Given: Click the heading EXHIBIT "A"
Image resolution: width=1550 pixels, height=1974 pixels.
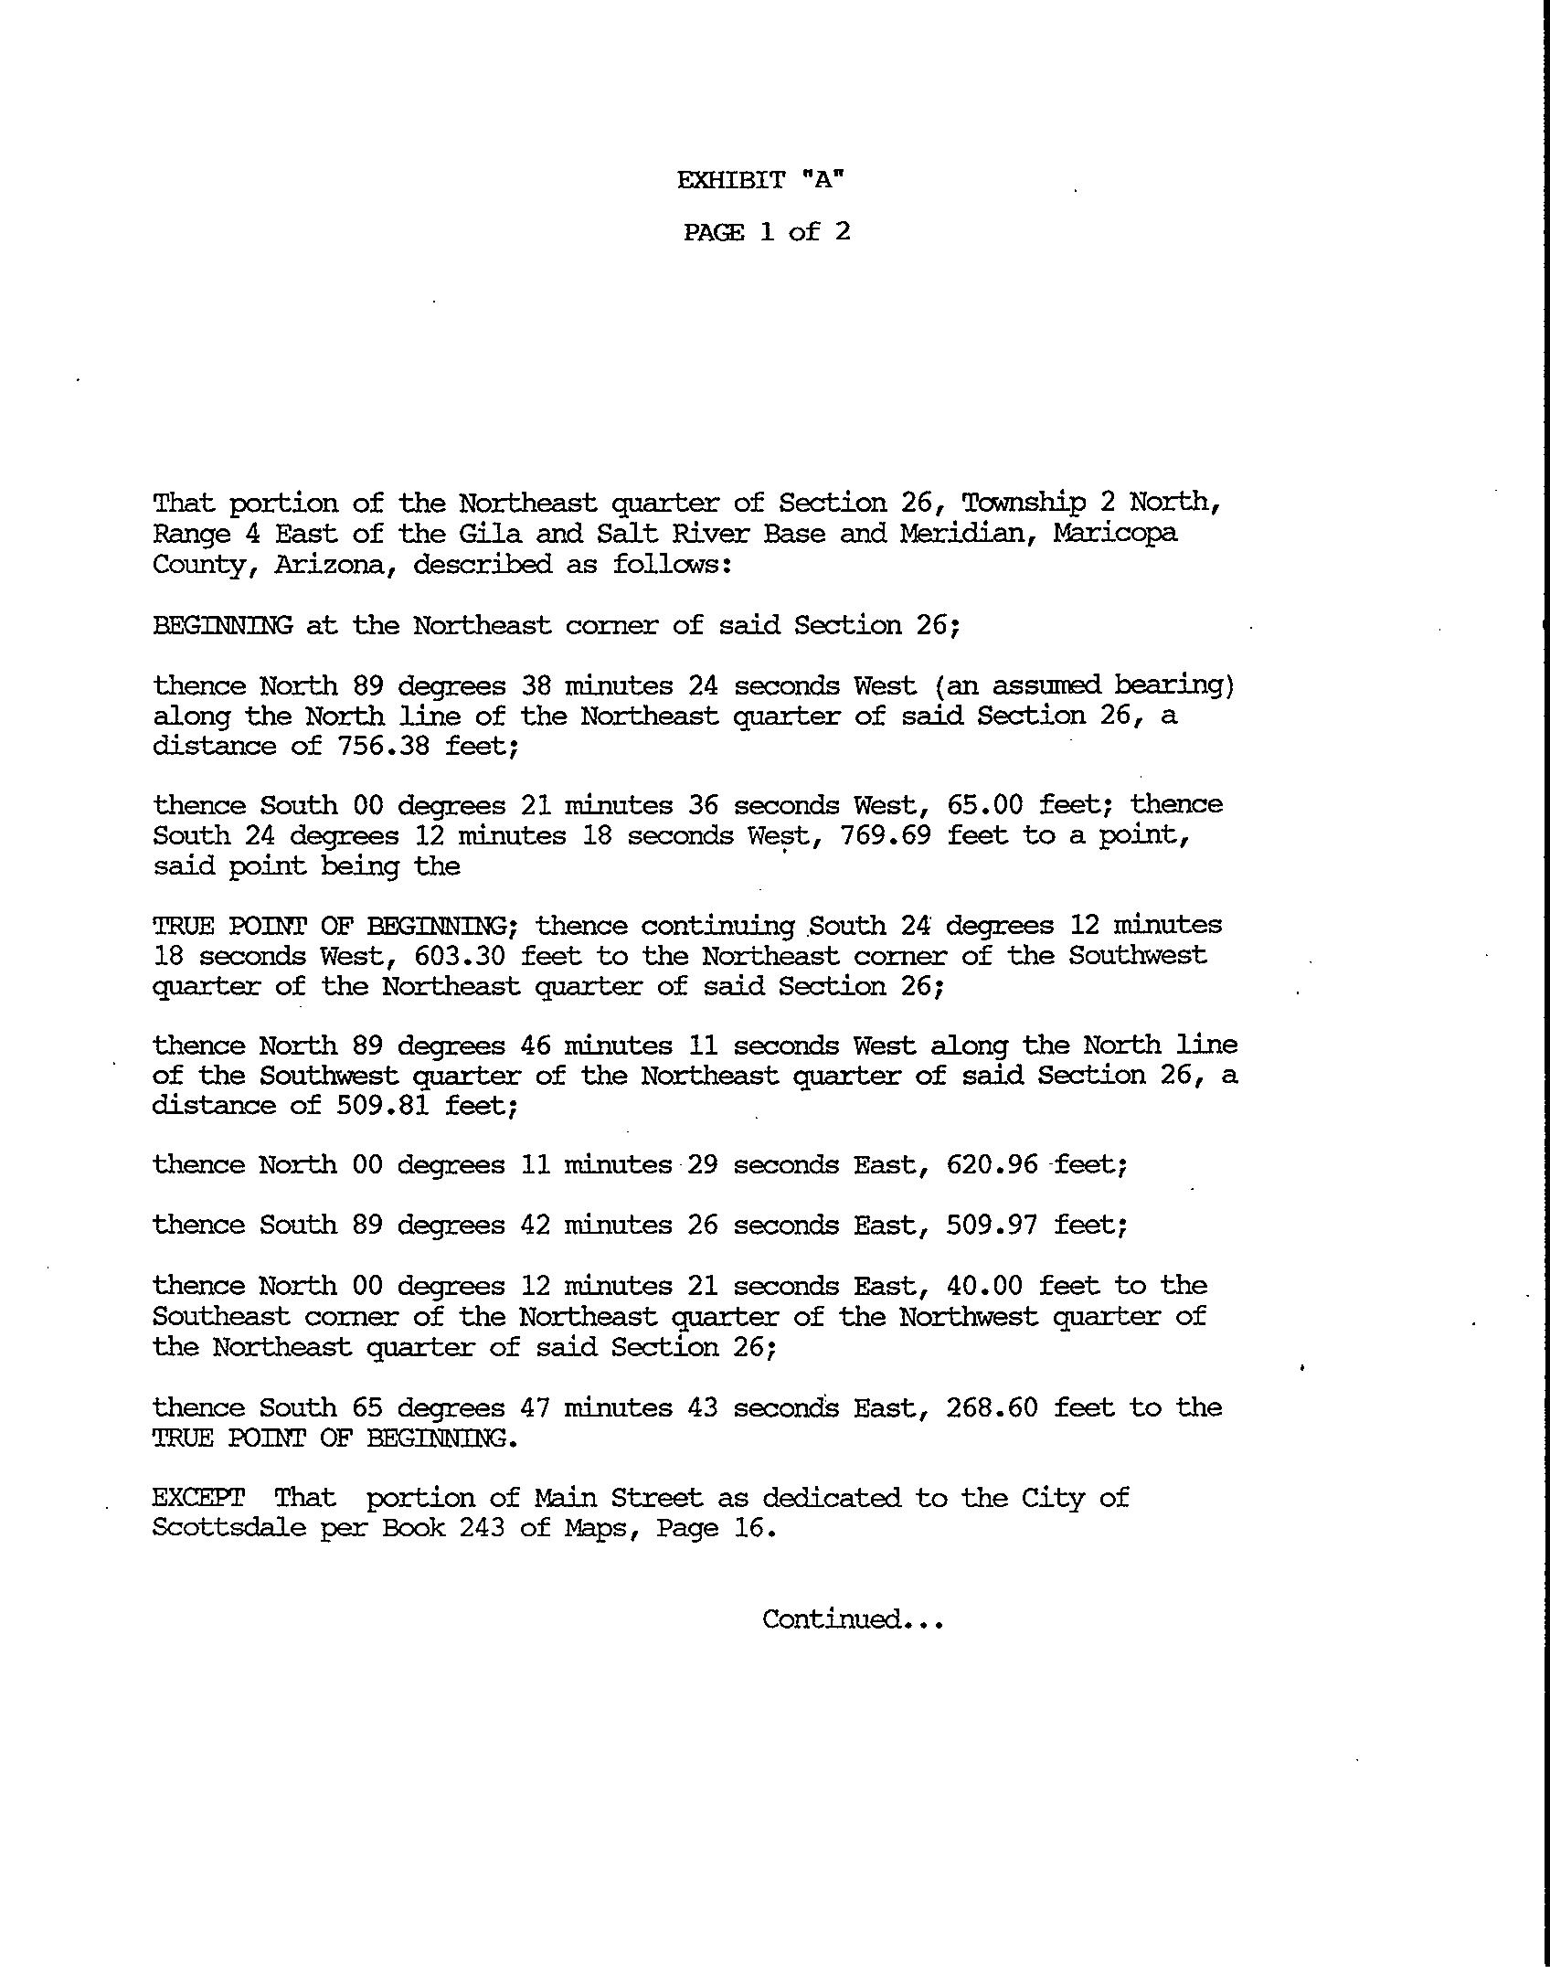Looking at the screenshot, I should point(760,180).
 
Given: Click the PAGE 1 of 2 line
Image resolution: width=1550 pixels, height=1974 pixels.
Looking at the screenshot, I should point(767,232).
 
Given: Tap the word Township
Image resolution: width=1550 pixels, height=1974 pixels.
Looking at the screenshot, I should point(1024,503).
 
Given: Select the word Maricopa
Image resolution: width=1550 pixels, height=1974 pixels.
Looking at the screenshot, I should point(1115,533).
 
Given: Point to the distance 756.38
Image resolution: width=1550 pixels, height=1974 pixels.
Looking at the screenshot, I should point(383,746).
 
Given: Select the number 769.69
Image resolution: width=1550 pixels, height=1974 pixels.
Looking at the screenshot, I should point(886,835).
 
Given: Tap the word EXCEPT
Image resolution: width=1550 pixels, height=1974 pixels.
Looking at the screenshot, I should point(198,1498).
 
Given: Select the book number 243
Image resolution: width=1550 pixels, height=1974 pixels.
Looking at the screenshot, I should point(482,1528).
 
